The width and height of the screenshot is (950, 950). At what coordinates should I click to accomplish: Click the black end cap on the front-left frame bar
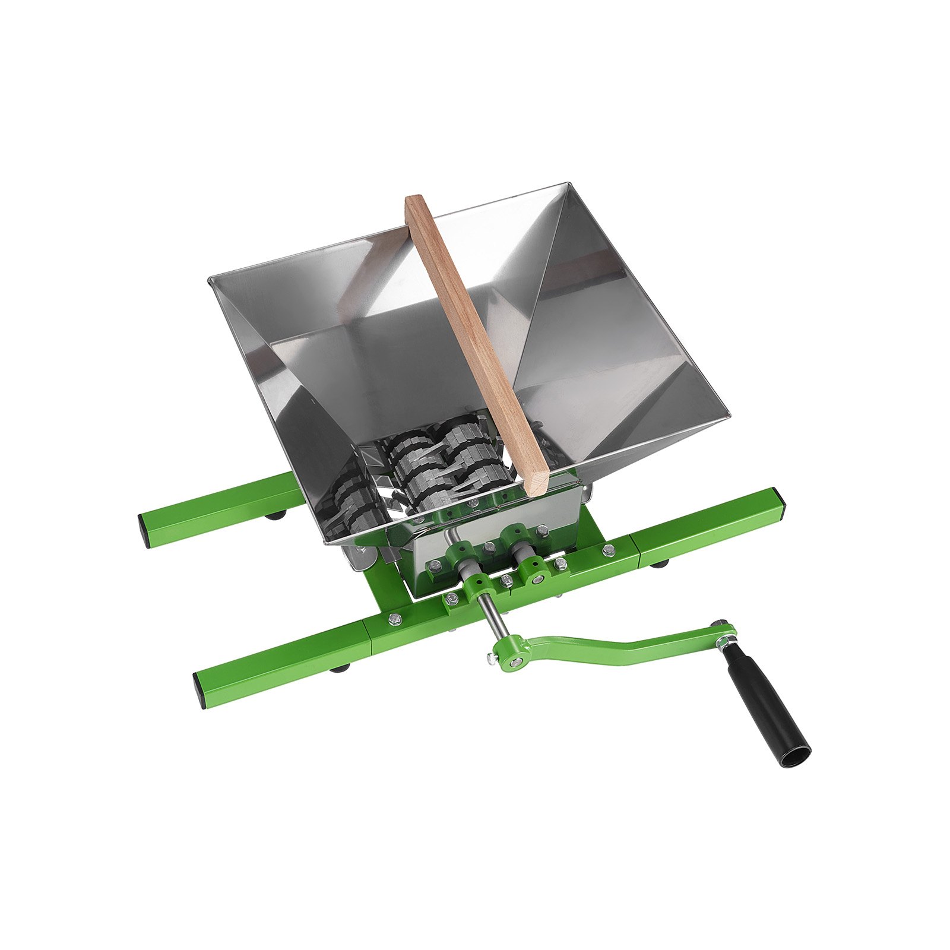[198, 692]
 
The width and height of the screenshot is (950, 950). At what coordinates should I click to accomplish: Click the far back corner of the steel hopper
[567, 183]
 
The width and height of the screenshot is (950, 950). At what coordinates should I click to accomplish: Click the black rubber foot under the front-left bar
[339, 669]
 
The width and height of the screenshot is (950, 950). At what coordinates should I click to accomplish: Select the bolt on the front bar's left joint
[392, 620]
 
